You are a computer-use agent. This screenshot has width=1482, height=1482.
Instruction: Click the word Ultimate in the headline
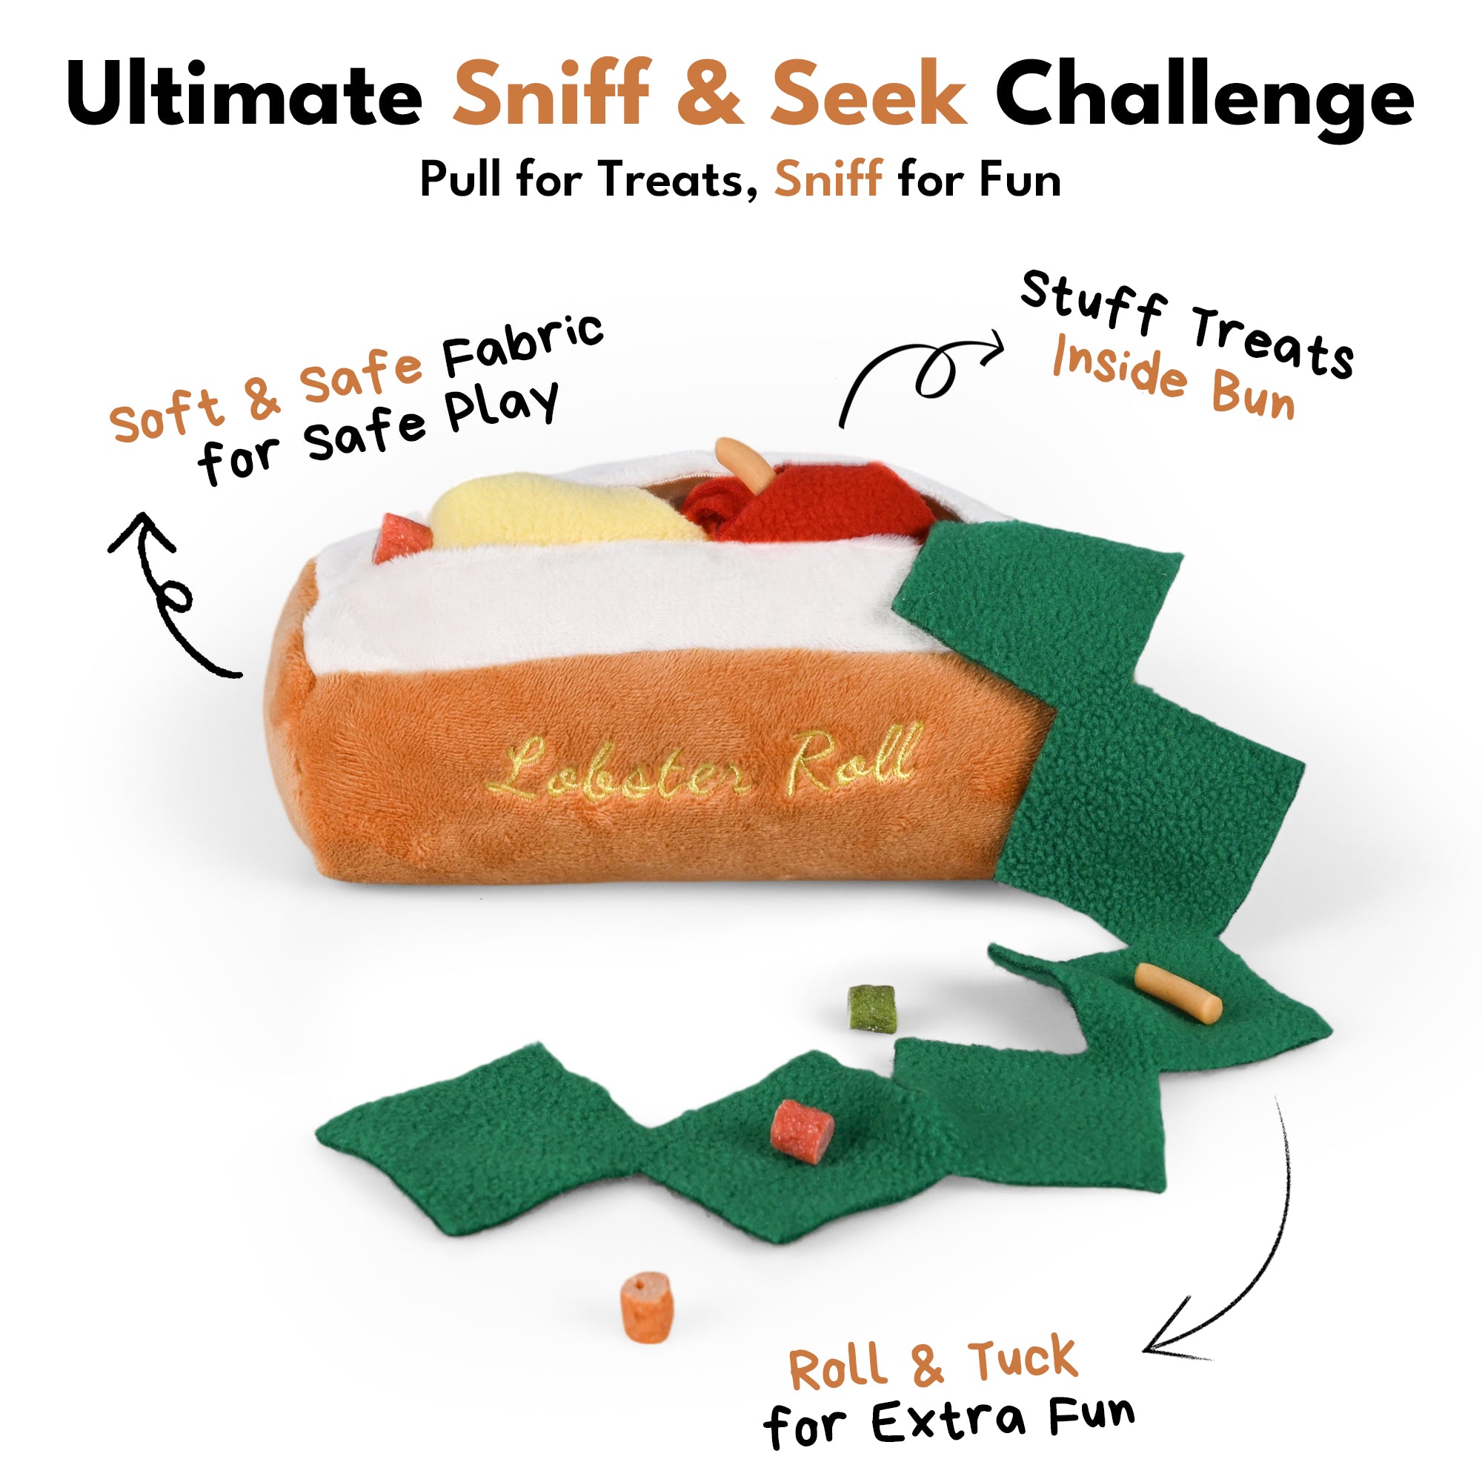coord(244,94)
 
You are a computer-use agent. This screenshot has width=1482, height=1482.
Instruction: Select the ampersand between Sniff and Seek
coord(711,93)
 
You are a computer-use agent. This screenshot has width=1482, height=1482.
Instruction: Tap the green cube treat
coord(871,1006)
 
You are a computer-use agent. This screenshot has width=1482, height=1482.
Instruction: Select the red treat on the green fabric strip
coord(802,1132)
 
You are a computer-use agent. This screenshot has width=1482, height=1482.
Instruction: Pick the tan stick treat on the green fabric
coord(1177,993)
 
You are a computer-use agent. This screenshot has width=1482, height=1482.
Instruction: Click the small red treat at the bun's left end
coord(401,537)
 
